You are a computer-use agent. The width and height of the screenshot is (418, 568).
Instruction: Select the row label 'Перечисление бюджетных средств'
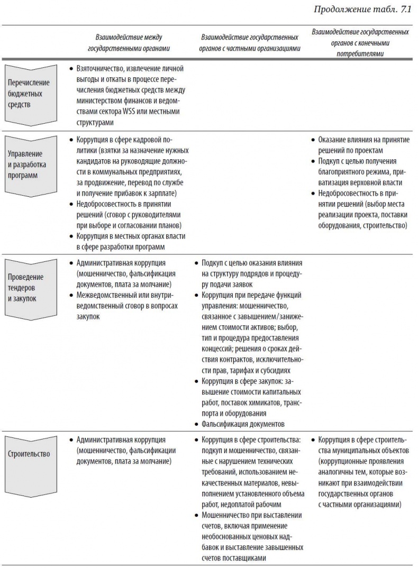click(x=29, y=93)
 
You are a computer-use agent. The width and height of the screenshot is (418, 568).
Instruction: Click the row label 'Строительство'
click(x=29, y=454)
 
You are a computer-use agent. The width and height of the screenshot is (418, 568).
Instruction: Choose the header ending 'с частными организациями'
click(x=250, y=43)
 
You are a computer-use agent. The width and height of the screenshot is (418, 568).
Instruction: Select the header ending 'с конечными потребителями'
click(x=360, y=43)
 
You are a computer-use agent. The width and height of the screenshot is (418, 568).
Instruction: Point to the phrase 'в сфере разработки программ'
click(x=120, y=247)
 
